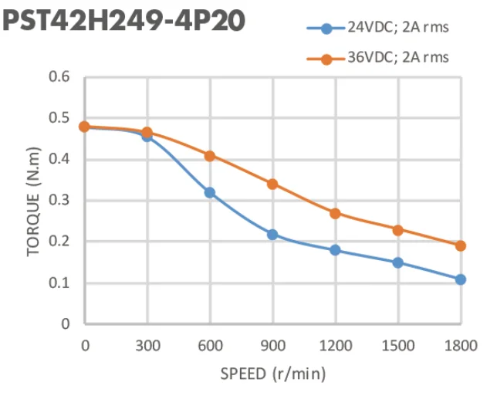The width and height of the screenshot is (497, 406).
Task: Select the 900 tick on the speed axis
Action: (x=272, y=345)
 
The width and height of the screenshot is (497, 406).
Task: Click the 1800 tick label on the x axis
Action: (x=461, y=345)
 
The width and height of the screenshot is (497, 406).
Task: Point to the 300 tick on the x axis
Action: (x=147, y=345)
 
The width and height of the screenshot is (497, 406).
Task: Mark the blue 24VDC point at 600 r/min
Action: (x=210, y=192)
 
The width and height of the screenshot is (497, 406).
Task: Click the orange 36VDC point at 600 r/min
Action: (x=210, y=156)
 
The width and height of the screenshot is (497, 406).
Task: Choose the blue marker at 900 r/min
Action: (x=272, y=234)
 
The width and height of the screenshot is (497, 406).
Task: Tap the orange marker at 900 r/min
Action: (x=272, y=184)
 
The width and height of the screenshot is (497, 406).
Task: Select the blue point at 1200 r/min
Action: (x=335, y=250)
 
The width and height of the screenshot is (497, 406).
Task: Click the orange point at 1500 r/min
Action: (x=398, y=230)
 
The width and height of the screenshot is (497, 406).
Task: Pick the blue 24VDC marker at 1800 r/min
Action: (x=461, y=279)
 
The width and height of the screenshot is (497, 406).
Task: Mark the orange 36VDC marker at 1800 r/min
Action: (x=461, y=245)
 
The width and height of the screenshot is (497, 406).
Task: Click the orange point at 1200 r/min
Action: (x=335, y=213)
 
